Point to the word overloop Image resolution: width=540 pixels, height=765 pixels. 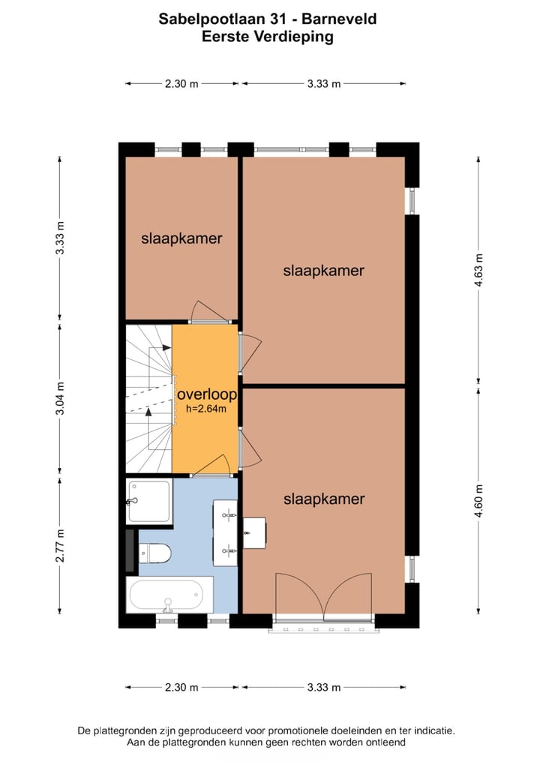206,394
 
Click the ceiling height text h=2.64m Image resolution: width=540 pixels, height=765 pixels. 206,409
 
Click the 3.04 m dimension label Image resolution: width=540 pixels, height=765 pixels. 60,399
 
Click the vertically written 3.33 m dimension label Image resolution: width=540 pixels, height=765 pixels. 60,238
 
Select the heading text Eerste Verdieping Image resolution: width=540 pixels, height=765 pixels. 268,36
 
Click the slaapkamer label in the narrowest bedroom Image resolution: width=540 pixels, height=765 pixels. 181,238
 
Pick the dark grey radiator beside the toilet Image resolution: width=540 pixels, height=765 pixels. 130,550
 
